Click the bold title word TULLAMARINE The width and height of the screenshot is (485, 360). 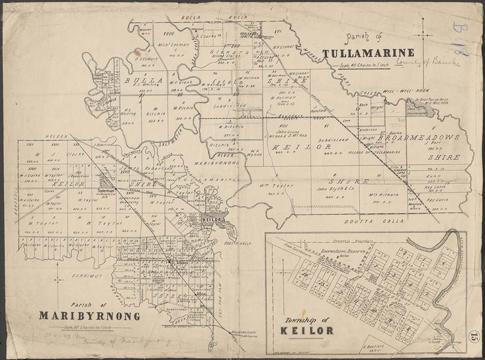click(x=368, y=53)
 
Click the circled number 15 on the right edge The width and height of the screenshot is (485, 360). click(x=474, y=337)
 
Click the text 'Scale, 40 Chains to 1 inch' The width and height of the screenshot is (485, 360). click(x=360, y=66)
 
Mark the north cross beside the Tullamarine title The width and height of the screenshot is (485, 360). click(x=423, y=35)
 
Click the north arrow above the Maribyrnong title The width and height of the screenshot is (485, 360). click(x=58, y=280)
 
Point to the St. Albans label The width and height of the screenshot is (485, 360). click(x=178, y=262)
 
